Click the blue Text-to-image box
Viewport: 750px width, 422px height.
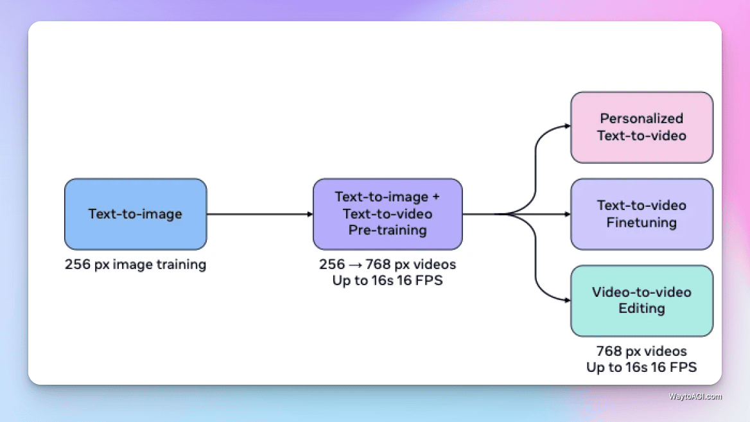(x=135, y=214)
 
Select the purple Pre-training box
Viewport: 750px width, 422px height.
(x=387, y=214)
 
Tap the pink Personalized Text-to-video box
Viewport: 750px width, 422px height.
(x=641, y=127)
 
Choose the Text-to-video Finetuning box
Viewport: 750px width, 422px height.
(x=641, y=214)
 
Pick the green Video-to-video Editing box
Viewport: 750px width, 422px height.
(x=641, y=301)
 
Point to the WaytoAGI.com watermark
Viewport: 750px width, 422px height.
(x=695, y=397)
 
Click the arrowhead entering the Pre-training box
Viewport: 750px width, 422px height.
(x=310, y=214)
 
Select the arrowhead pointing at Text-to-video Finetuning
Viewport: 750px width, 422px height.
(x=567, y=214)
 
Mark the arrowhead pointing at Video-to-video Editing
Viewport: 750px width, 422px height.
(x=567, y=301)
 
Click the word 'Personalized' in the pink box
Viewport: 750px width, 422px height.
(x=641, y=119)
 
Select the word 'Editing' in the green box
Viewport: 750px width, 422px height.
(x=641, y=309)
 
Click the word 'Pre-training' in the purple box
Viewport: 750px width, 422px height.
(x=387, y=231)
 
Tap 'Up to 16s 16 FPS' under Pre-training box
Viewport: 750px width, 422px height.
(x=387, y=281)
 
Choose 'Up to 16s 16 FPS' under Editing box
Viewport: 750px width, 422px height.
(x=641, y=367)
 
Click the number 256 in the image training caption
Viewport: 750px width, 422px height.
(x=77, y=265)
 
